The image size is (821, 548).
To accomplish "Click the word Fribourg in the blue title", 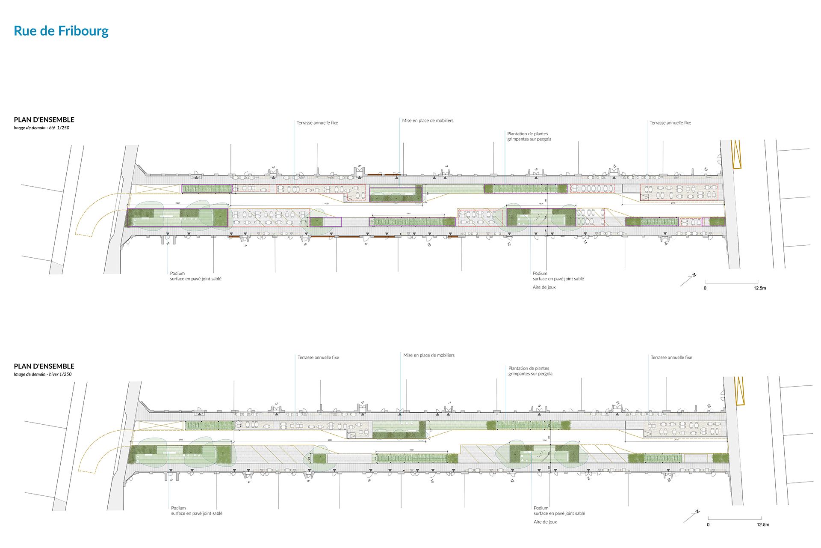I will click(83, 31).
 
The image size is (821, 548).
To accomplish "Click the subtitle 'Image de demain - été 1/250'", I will click(41, 128).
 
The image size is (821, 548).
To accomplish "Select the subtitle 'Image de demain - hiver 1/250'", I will click(43, 374).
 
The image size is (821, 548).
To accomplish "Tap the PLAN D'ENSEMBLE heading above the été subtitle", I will click(44, 119).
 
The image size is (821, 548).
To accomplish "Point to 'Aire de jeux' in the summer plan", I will click(544, 287).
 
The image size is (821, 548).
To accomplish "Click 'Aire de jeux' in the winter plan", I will click(545, 522).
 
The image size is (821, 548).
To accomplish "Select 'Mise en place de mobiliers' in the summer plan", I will click(428, 121).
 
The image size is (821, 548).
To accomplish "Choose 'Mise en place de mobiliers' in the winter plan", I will click(429, 355).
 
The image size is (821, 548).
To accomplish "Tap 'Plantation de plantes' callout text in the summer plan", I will click(528, 134).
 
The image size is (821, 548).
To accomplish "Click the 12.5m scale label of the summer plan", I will click(759, 288).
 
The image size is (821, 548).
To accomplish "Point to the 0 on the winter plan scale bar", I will click(708, 524).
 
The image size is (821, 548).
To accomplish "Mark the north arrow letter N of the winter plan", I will click(697, 512).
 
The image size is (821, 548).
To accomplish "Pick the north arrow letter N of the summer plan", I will click(694, 275).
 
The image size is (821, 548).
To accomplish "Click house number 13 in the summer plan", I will click(706, 170).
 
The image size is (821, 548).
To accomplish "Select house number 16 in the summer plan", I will click(665, 243).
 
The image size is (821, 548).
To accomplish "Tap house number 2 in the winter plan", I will click(171, 480).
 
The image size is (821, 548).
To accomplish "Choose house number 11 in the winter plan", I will click(617, 403).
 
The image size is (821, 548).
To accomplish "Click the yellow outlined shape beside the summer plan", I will click(736, 154).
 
